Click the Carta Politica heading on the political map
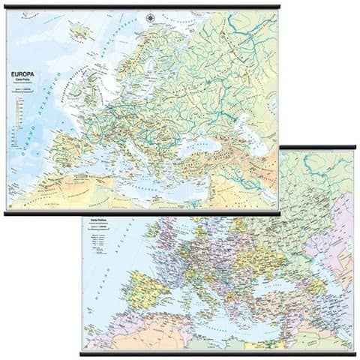coord(100,221)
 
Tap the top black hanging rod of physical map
coord(142,7)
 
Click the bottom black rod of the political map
coord(217,352)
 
